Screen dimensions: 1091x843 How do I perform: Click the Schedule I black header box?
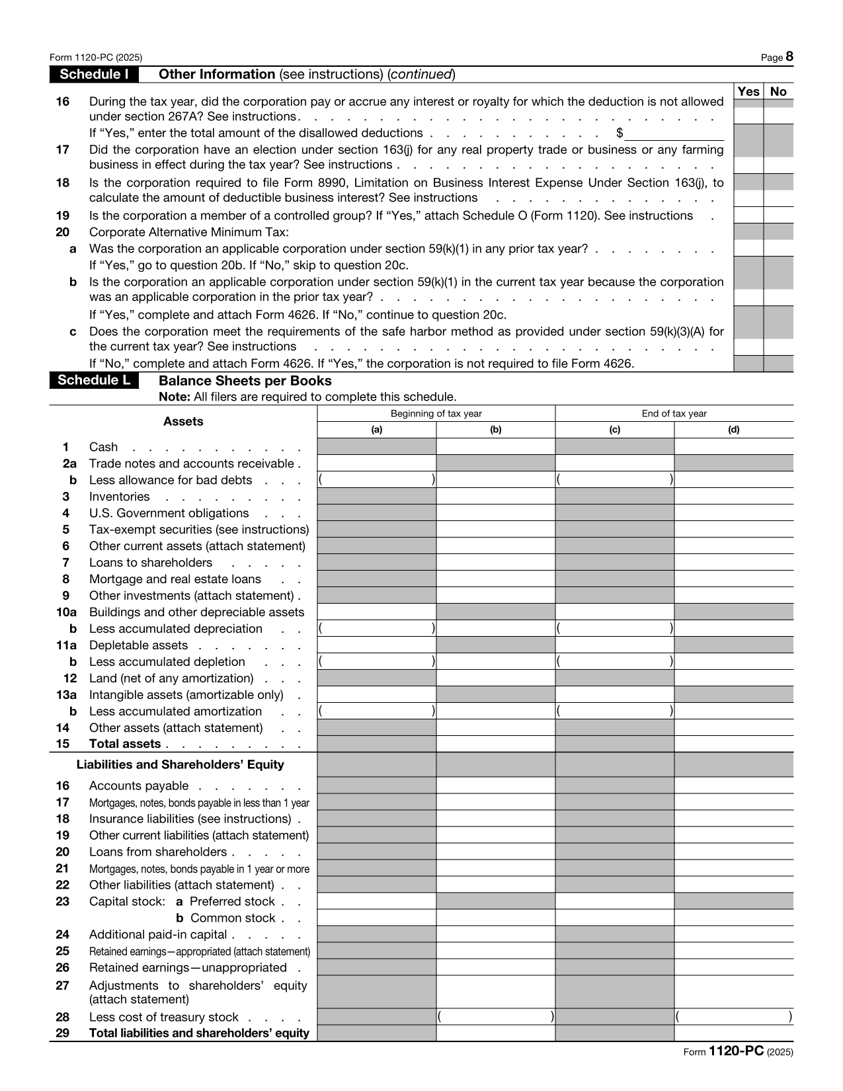tap(94, 74)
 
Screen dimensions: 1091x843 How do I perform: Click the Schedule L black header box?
tap(94, 380)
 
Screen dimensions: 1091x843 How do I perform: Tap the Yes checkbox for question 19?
tap(748, 215)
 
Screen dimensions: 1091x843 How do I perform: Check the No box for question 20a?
tap(779, 248)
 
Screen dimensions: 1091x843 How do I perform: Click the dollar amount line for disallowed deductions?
tap(674, 133)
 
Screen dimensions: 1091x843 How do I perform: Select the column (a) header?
tap(377, 430)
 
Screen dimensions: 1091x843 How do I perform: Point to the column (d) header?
tap(734, 430)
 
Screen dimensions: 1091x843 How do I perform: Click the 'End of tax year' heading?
tap(674, 414)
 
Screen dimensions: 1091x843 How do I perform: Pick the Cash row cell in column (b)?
tap(496, 446)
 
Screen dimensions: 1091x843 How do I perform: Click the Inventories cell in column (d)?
tap(734, 496)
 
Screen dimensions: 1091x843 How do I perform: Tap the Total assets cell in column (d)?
tap(734, 744)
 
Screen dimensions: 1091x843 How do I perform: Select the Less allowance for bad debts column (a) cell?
tap(377, 479)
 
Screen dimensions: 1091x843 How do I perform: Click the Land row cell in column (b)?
tap(496, 678)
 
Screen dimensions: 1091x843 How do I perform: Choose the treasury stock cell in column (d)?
tap(734, 1017)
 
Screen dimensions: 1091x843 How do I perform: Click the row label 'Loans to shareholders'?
tap(151, 563)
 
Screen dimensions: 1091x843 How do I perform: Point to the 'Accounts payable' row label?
tap(139, 786)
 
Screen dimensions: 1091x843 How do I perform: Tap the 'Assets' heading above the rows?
tap(183, 422)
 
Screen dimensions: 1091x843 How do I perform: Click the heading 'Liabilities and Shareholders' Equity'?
tap(181, 764)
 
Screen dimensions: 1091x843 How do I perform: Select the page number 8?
tap(789, 58)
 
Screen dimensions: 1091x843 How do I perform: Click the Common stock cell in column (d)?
tap(734, 918)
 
